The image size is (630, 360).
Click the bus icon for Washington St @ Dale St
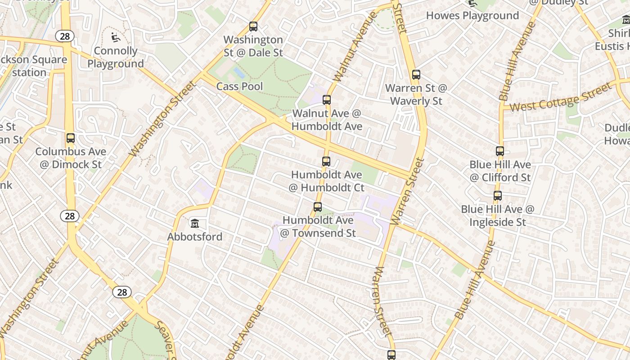253,27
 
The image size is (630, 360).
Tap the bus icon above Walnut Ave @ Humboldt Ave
327,100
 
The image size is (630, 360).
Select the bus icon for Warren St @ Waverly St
416,75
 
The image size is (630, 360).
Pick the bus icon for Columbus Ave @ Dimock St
71,138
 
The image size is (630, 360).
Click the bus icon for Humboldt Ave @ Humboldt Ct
326,161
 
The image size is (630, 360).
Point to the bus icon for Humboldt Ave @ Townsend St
318,207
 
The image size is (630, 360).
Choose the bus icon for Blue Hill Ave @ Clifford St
500,151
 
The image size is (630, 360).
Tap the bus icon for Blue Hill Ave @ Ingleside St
498,196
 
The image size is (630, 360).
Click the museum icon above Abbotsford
195,223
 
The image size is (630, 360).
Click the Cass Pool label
239,86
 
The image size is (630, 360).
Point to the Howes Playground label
472,16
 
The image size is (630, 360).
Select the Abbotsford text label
195,237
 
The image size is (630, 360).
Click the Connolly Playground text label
116,58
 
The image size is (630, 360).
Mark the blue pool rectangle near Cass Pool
239,72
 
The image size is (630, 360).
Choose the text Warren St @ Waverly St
416,94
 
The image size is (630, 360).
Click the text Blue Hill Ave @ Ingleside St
498,216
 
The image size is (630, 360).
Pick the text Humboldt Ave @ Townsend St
318,226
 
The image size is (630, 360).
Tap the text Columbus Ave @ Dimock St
71,158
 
